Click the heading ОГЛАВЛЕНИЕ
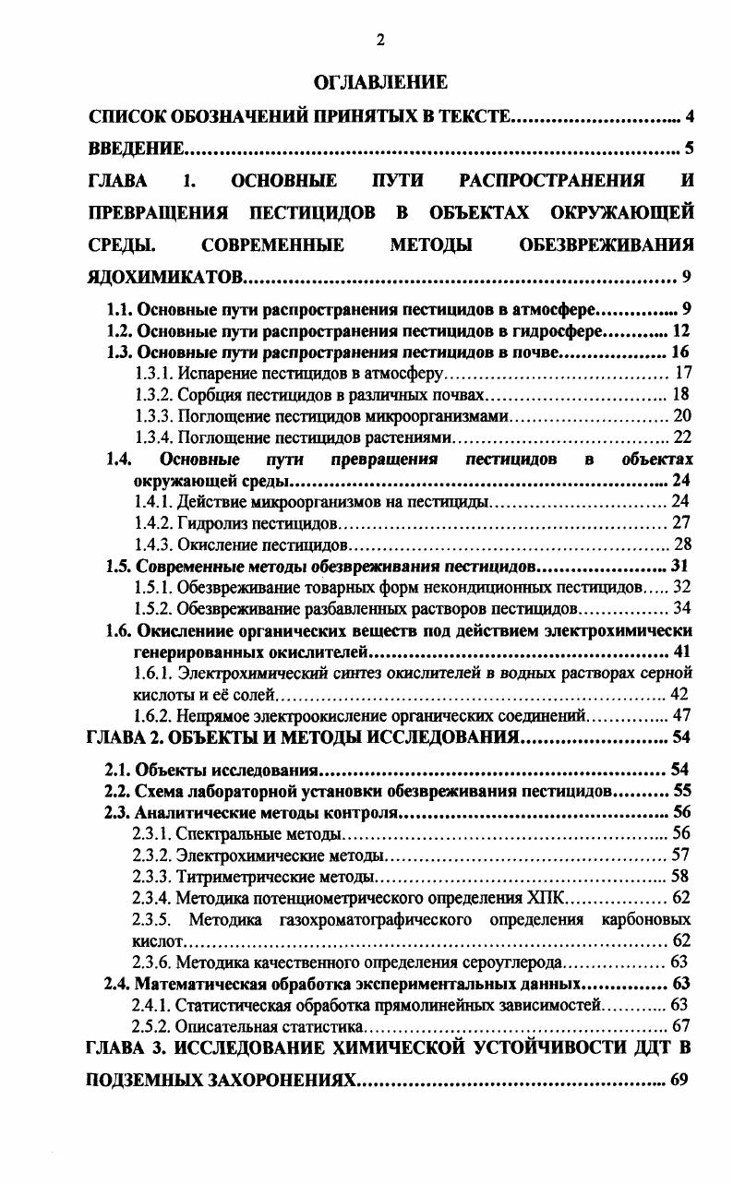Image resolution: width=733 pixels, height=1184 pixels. (x=380, y=83)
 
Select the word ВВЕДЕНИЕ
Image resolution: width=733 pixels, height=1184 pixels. (x=135, y=148)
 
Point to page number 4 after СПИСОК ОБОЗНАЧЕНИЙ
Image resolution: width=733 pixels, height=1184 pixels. (x=689, y=116)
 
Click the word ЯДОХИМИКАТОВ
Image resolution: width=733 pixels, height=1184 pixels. (x=166, y=277)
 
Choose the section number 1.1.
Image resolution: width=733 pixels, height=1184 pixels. (x=121, y=309)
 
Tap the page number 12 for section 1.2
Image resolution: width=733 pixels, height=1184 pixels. (x=681, y=330)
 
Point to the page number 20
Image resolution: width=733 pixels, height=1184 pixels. (x=682, y=416)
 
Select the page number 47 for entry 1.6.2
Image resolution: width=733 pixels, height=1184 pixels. (x=682, y=715)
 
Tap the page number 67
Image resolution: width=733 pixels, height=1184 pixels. (x=682, y=1026)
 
